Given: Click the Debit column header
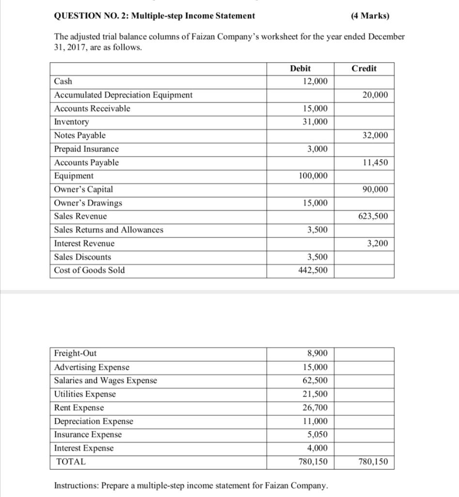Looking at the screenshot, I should click(300, 68).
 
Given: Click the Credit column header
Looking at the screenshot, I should click(364, 68).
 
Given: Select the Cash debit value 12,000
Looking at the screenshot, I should click(315, 82).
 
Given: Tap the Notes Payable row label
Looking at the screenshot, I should click(80, 135).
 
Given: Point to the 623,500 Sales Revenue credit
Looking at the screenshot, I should click(373, 216).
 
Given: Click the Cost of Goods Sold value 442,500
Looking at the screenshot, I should click(312, 270).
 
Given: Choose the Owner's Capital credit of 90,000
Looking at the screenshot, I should click(375, 189).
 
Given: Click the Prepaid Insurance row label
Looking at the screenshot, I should click(86, 149).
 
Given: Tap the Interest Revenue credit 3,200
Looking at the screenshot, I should click(377, 244).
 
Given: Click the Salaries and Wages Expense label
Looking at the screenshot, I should click(106, 381).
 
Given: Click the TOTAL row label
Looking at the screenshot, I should click(71, 462).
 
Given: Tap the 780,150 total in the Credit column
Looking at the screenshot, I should click(373, 462).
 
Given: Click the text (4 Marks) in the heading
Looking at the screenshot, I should click(369, 16).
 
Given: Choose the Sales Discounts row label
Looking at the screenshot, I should click(82, 257).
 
